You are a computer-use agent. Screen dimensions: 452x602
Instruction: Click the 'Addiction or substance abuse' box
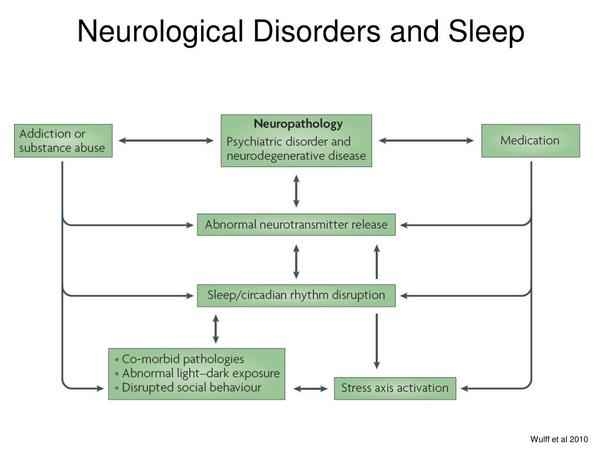pyautogui.click(x=63, y=141)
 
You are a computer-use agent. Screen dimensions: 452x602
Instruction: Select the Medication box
pyautogui.click(x=530, y=141)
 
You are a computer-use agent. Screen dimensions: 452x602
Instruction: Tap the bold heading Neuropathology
pyautogui.click(x=297, y=124)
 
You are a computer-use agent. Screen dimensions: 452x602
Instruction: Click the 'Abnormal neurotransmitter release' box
pyautogui.click(x=296, y=224)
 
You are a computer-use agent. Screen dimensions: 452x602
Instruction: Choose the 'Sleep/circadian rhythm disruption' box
pyautogui.click(x=296, y=295)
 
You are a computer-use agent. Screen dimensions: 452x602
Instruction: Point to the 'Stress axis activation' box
pyautogui.click(x=394, y=388)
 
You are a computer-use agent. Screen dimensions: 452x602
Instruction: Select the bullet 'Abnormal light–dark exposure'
pyautogui.click(x=200, y=373)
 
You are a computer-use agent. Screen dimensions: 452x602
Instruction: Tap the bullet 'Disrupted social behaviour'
pyautogui.click(x=191, y=387)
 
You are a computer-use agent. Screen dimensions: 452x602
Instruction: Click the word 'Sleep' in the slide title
pyautogui.click(x=487, y=32)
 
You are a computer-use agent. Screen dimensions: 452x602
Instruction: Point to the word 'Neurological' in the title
pyautogui.click(x=160, y=32)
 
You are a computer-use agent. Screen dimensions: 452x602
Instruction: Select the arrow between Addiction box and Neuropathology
pyautogui.click(x=166, y=141)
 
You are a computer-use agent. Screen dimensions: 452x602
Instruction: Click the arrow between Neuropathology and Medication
pyautogui.click(x=426, y=141)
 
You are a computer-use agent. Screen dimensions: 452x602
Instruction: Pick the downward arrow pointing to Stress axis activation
pyautogui.click(x=377, y=341)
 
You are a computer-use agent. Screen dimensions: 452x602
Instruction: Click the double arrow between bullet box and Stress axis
pyautogui.click(x=310, y=388)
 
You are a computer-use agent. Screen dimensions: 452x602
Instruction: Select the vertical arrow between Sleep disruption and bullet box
pyautogui.click(x=216, y=328)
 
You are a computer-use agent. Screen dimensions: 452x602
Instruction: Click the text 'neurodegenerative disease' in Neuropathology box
pyautogui.click(x=296, y=156)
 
